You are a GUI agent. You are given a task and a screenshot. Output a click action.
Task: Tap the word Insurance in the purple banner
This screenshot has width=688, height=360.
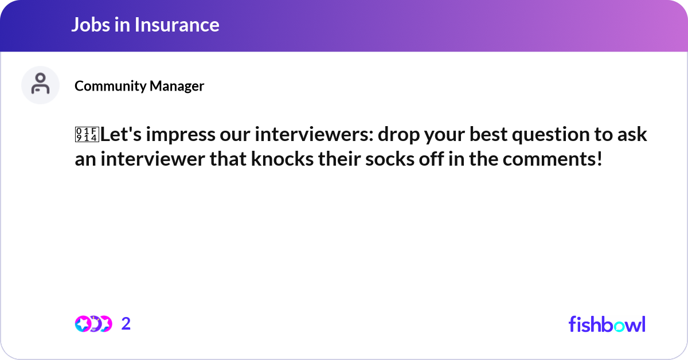click(175, 25)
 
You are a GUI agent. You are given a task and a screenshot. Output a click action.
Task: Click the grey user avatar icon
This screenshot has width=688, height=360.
click(40, 85)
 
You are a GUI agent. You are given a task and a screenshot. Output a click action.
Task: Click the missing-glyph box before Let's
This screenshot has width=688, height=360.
click(87, 135)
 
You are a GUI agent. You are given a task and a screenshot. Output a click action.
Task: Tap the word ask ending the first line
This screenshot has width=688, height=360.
click(634, 135)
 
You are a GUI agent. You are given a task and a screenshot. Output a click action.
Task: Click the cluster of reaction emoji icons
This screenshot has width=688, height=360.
click(93, 324)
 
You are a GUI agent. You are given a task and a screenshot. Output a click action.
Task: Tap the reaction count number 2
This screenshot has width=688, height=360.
click(126, 324)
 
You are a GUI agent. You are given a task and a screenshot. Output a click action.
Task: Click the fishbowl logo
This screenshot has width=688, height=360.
click(607, 324)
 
